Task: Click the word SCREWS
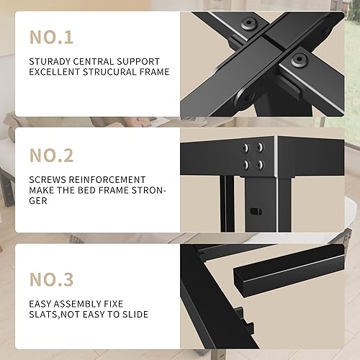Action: pyautogui.click(x=48, y=179)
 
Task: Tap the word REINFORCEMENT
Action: pyautogui.click(x=104, y=179)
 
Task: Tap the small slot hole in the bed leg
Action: pyautogui.click(x=254, y=211)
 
